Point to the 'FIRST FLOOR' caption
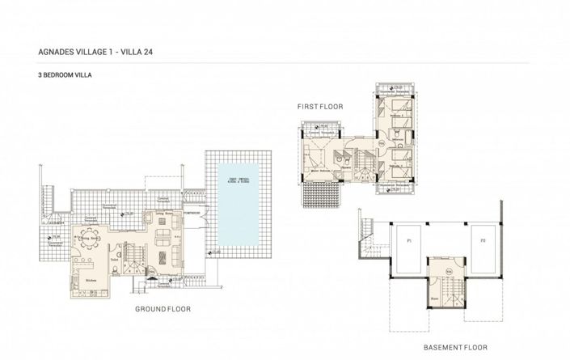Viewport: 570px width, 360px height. point(322,105)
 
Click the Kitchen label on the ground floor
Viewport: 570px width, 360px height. point(91,281)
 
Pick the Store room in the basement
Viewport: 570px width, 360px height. point(434,297)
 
